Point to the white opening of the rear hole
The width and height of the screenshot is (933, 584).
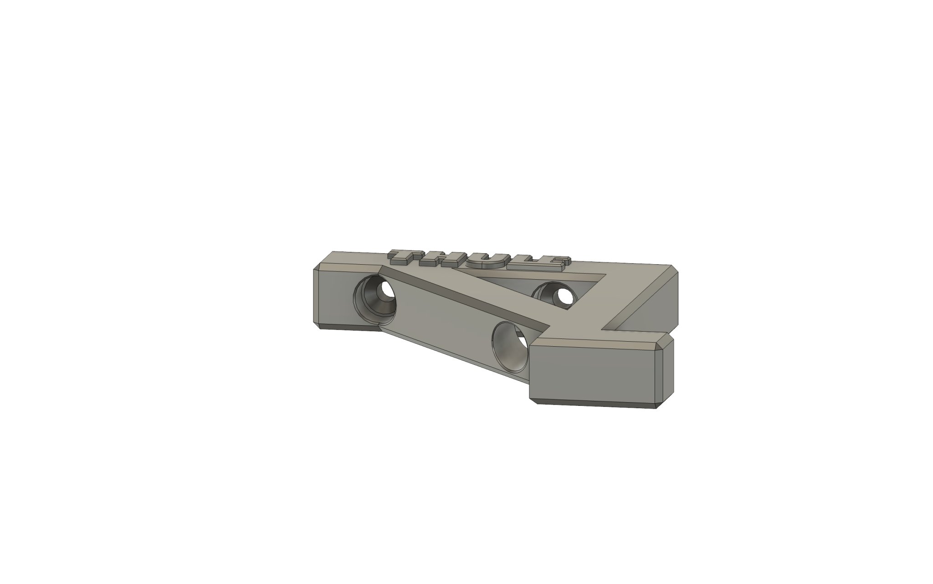[x=564, y=297]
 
